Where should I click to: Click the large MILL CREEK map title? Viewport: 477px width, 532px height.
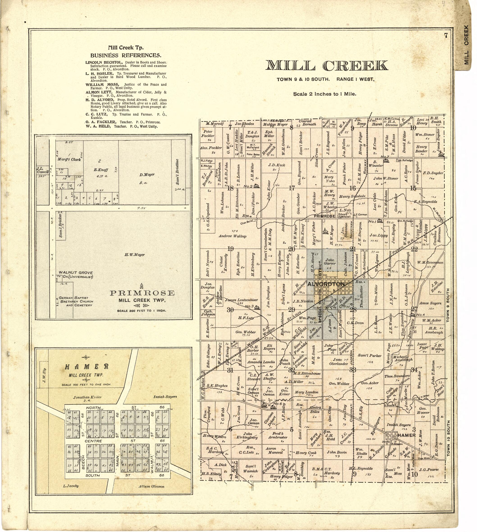[326, 66]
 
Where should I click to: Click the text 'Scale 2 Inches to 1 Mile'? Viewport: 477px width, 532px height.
[324, 94]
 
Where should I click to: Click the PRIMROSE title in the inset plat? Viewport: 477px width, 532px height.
[142, 293]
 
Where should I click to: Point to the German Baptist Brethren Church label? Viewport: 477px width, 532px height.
[75, 301]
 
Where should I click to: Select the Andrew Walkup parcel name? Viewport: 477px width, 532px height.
[233, 236]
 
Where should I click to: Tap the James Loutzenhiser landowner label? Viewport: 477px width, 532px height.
[241, 300]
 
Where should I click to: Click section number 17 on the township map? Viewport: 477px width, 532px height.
[292, 188]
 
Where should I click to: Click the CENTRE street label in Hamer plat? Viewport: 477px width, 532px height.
[93, 441]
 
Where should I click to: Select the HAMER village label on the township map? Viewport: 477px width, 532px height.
[406, 435]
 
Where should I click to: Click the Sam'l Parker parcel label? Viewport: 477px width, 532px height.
[369, 356]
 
